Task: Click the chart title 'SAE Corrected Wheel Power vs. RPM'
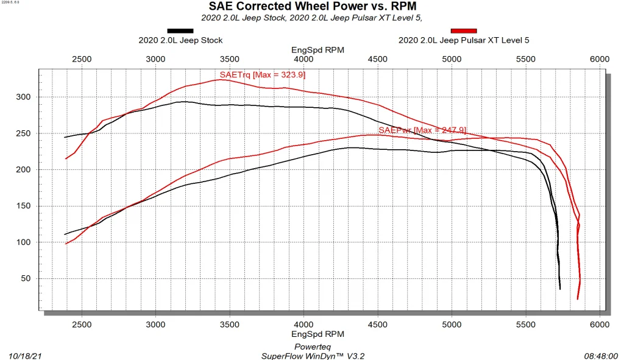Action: (312, 7)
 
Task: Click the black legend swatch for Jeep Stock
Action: (180, 30)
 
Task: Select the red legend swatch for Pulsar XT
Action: (463, 30)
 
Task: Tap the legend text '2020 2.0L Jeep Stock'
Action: (180, 40)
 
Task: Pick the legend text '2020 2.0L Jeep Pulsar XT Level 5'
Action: (463, 40)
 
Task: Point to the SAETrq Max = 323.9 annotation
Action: (263, 75)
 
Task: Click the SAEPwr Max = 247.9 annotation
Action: (422, 130)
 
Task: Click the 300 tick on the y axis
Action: (23, 97)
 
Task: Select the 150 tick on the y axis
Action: (23, 206)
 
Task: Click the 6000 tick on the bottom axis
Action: (600, 325)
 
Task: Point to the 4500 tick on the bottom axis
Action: (378, 325)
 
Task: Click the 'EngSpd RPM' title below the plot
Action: (317, 334)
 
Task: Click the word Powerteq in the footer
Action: (312, 346)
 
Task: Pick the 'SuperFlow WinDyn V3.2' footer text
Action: (312, 355)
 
